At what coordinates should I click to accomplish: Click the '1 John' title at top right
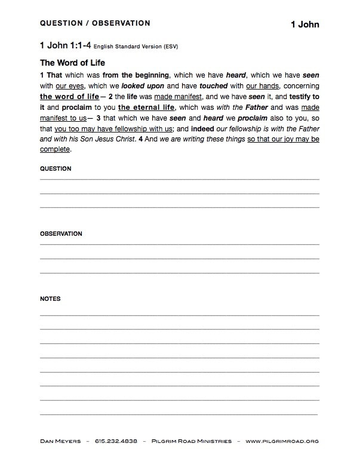[x=304, y=24]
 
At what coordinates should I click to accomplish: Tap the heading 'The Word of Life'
[x=72, y=63]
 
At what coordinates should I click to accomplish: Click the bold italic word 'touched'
[x=210, y=86]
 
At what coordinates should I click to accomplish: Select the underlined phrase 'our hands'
[x=263, y=86]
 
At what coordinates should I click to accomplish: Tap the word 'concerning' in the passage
[x=301, y=86]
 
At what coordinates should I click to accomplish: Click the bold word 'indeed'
[x=202, y=128]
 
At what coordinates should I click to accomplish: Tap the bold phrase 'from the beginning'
[x=136, y=75]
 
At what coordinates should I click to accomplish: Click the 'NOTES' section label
[x=50, y=298]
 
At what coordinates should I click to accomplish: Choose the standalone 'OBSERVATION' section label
[x=61, y=233]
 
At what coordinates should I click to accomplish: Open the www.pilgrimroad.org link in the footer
[x=282, y=441]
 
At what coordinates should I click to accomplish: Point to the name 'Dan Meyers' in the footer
[x=60, y=441]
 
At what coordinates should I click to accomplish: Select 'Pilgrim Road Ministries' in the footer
[x=191, y=441]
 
